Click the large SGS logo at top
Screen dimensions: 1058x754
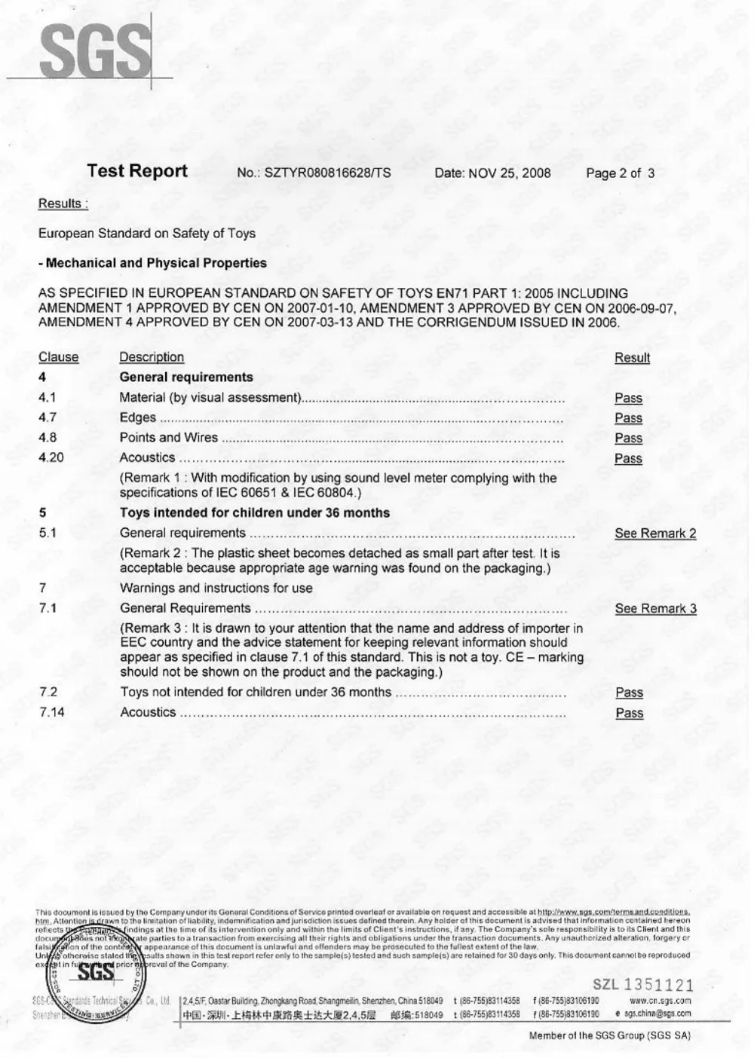(93, 50)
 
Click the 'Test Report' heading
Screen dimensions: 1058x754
(137, 171)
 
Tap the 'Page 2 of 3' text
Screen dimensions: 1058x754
(620, 173)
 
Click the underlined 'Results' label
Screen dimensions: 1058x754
(62, 203)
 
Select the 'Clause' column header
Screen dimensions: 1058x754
(58, 357)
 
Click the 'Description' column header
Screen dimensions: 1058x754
(152, 357)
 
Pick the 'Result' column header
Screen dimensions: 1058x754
(632, 358)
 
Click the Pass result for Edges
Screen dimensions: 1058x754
(628, 418)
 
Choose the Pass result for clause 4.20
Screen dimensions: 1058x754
(628, 458)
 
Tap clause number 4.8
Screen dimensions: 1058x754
(48, 438)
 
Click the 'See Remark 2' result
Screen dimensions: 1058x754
(655, 534)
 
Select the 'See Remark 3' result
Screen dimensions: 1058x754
(655, 609)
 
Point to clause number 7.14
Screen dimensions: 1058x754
(51, 712)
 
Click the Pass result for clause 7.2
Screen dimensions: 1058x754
(629, 693)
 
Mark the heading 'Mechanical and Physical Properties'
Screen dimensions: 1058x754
(153, 263)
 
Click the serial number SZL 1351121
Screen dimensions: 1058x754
(642, 985)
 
